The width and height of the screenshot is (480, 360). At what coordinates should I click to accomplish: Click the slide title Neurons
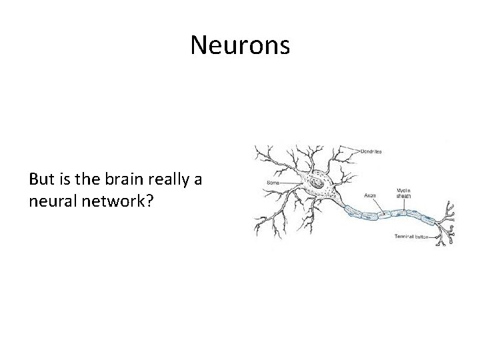point(240,45)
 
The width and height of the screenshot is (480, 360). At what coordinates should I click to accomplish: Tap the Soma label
point(273,182)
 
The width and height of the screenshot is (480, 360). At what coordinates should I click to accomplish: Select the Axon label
point(370,195)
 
